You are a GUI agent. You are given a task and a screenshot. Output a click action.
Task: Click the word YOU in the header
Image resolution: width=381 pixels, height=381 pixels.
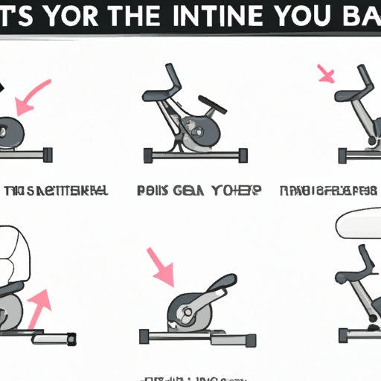(x=316, y=16)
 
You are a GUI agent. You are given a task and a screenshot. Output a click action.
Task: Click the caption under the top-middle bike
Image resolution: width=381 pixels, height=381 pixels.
(x=198, y=190)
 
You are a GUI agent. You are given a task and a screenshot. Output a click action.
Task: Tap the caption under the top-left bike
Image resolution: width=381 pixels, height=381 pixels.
(x=57, y=190)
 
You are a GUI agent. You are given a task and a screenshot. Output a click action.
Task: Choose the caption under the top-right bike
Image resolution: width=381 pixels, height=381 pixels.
(x=327, y=190)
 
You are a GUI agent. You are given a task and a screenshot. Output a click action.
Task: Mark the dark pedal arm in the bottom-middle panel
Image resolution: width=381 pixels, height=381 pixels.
(x=205, y=298)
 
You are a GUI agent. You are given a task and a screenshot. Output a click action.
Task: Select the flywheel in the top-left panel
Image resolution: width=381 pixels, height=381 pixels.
(x=12, y=134)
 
